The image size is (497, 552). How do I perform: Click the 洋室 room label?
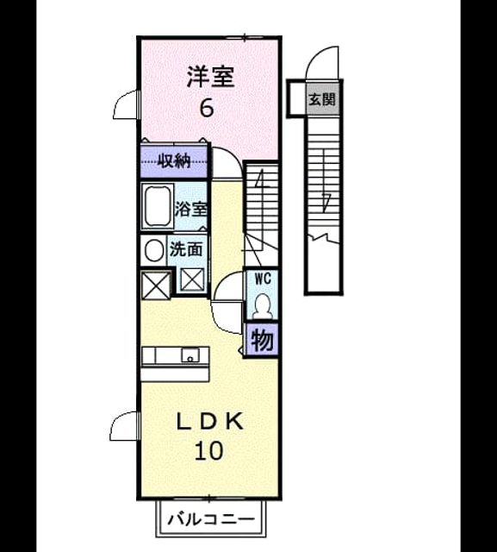[210, 77]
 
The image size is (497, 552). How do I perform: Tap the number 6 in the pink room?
[207, 108]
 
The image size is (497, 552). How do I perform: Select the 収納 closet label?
[174, 161]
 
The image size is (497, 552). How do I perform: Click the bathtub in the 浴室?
[158, 206]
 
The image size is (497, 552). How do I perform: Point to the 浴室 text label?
[191, 210]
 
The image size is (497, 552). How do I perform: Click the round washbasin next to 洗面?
[154, 251]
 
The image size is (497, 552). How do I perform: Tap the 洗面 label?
[186, 249]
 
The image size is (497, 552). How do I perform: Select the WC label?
[263, 279]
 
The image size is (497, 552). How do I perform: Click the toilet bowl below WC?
[262, 306]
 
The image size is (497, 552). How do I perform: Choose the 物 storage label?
[262, 341]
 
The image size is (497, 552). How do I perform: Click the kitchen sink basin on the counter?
[190, 354]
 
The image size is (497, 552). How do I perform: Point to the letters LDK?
[210, 422]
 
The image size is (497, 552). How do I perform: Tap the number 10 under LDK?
[208, 450]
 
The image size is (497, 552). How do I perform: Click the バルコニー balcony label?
[210, 519]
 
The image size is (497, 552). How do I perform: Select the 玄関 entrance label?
[322, 100]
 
